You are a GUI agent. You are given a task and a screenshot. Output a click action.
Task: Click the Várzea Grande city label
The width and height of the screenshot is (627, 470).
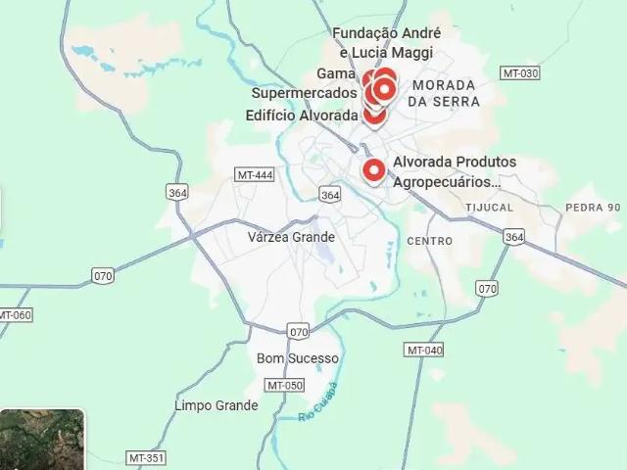pyautogui.click(x=291, y=237)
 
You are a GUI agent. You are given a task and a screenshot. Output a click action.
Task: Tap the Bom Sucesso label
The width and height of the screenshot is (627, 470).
pyautogui.click(x=297, y=358)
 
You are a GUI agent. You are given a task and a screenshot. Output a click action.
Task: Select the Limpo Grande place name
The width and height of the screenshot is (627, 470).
pyautogui.click(x=217, y=405)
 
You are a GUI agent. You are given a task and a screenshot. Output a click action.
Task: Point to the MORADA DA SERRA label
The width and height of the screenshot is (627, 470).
pyautogui.click(x=445, y=93)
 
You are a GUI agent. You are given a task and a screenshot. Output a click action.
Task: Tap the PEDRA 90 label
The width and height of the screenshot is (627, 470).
pyautogui.click(x=593, y=207)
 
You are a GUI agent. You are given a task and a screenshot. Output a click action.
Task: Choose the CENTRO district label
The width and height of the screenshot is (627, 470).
pyautogui.click(x=429, y=241)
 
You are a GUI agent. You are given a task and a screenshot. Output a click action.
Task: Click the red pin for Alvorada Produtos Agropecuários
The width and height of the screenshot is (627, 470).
pyautogui.click(x=373, y=170)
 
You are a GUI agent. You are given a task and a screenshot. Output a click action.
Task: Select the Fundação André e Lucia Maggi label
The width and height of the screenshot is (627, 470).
pyautogui.click(x=386, y=43)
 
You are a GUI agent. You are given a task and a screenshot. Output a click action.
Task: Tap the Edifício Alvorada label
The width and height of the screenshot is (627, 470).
pyautogui.click(x=302, y=116)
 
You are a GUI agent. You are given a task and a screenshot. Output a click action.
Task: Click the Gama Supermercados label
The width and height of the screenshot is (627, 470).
pyautogui.click(x=306, y=83)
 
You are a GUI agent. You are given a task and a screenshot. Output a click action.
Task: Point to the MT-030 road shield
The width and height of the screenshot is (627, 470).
pyautogui.click(x=519, y=73)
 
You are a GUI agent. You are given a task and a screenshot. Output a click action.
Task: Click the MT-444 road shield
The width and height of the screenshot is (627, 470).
pyautogui.click(x=255, y=174)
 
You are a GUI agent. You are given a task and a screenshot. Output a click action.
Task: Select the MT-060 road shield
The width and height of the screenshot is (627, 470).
pyautogui.click(x=15, y=315)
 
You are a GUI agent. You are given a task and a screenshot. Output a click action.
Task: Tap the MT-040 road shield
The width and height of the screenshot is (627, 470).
pyautogui.click(x=424, y=351)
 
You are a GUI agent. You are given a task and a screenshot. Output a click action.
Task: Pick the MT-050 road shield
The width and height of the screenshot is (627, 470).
pyautogui.click(x=285, y=385)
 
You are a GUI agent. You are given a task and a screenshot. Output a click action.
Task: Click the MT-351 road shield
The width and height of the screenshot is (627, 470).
pyautogui.click(x=146, y=457)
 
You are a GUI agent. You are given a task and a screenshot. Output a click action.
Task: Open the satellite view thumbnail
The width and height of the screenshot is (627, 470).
pyautogui.click(x=41, y=440)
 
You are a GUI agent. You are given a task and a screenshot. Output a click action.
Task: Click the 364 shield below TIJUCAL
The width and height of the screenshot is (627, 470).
pyautogui.click(x=514, y=237)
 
